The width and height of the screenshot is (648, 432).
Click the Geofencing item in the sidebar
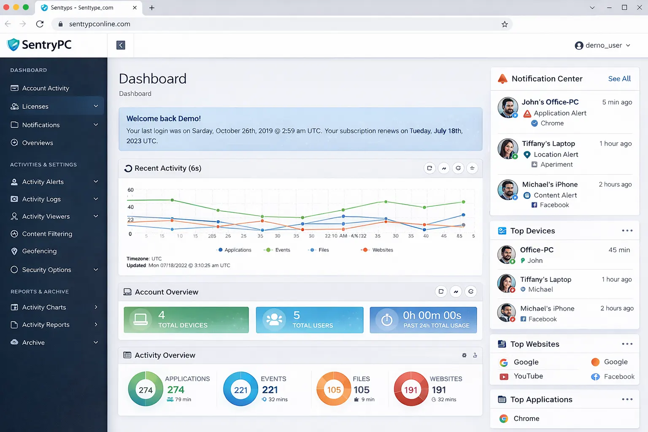(x=39, y=251)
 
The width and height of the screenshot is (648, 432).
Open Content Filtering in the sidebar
(x=47, y=234)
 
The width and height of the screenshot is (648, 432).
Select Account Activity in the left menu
(x=45, y=88)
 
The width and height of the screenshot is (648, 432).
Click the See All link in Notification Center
(x=619, y=79)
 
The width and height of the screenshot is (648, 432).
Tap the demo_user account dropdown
(x=602, y=45)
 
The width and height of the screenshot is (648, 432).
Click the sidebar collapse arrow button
(x=121, y=45)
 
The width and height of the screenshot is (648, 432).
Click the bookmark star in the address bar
(x=505, y=24)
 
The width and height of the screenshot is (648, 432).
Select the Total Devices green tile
(x=186, y=320)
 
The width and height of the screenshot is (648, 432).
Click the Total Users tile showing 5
(x=309, y=320)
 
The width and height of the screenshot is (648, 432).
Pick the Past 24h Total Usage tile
(x=423, y=320)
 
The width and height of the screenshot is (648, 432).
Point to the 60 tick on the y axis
(x=131, y=190)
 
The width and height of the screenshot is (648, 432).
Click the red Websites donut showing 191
(x=410, y=389)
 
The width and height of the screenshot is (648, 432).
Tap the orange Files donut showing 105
(x=334, y=389)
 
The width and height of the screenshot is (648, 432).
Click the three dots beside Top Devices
(x=627, y=231)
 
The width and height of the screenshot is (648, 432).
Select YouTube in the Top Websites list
(x=528, y=376)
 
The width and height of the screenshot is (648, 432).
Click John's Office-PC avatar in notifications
(x=508, y=108)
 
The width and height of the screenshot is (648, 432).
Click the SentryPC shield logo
(x=13, y=45)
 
